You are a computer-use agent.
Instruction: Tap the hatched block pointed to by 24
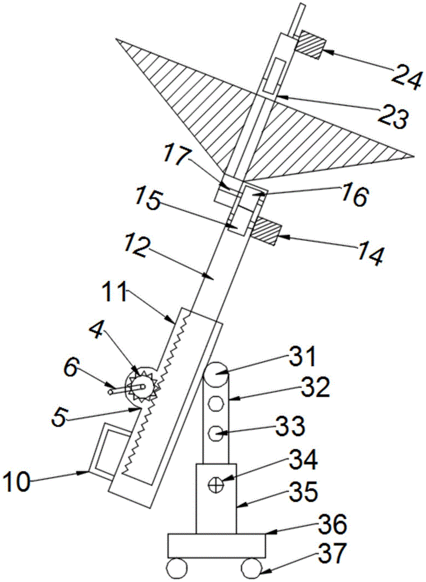pyautogui.click(x=309, y=45)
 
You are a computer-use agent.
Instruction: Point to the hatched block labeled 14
pyautogui.click(x=266, y=232)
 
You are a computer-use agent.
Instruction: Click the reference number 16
pyautogui.click(x=354, y=197)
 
